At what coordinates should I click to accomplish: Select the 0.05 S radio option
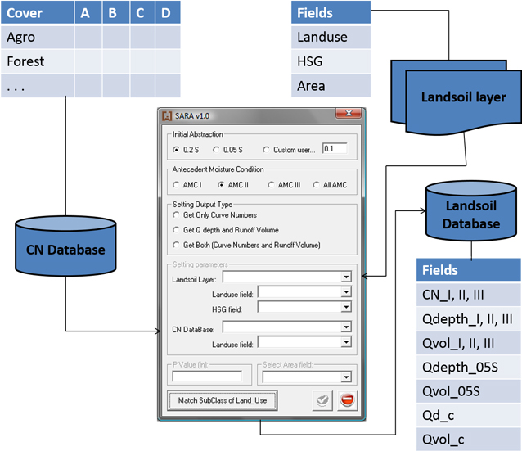tap(216, 150)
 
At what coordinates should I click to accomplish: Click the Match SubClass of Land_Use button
tap(223, 400)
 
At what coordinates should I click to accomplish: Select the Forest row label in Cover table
tap(26, 61)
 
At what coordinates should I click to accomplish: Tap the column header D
tap(165, 13)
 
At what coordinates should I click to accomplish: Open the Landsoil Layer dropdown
tap(346, 277)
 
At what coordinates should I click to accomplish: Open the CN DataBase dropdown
tap(346, 327)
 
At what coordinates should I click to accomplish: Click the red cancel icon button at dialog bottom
tap(347, 400)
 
